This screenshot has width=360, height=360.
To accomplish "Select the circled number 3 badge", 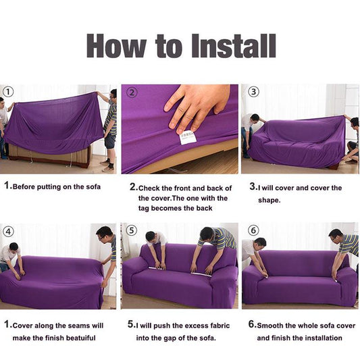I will click(253, 92).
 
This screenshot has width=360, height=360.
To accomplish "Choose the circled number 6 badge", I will click(253, 231).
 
